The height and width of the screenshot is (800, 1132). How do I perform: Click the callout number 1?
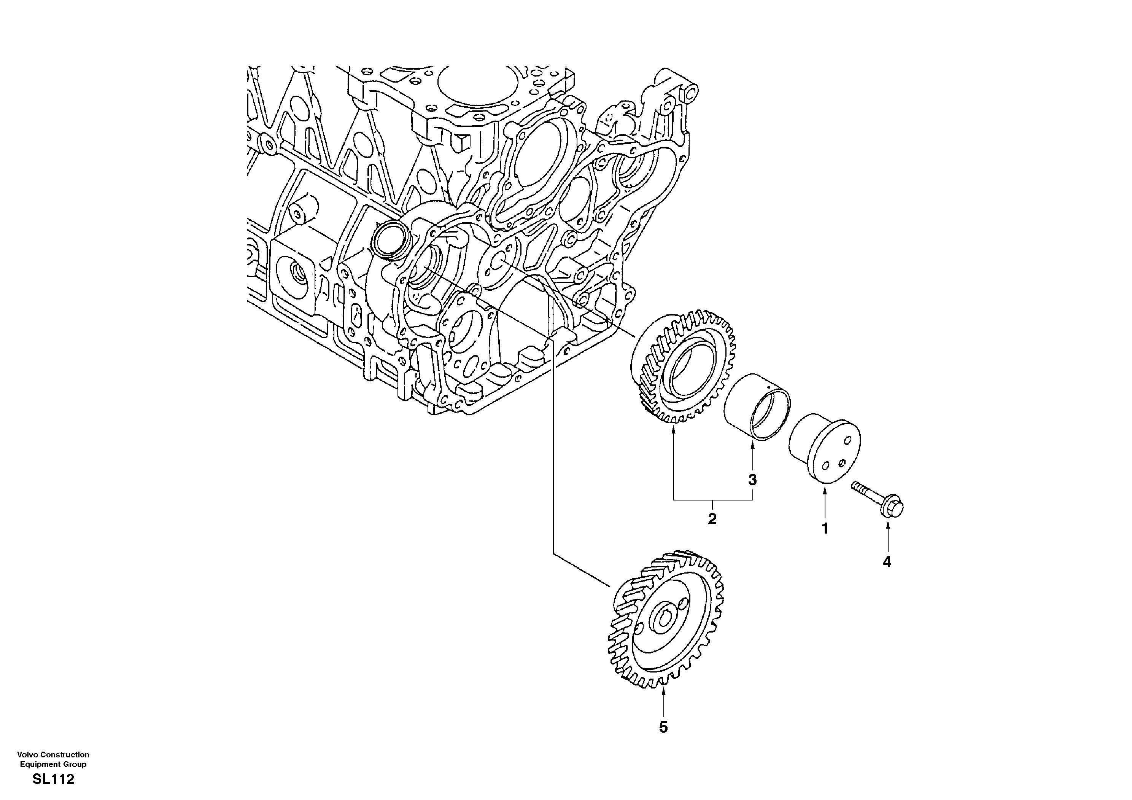pos(824,529)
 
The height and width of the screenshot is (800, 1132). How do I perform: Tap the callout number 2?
pos(712,519)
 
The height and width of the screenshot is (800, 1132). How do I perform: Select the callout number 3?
pos(752,480)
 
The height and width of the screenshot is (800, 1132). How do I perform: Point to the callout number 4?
pos(887,562)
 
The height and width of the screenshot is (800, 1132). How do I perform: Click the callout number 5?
pos(664,727)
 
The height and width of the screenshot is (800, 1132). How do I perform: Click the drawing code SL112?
pos(53,780)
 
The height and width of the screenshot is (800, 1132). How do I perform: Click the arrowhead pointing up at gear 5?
pos(664,693)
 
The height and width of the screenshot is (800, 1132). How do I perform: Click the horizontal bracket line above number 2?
pos(713,500)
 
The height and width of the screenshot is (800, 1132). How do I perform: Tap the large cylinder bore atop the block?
pos(468,84)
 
